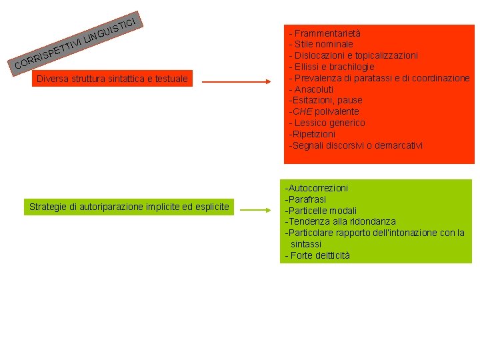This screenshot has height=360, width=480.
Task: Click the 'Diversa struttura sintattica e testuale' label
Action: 112,79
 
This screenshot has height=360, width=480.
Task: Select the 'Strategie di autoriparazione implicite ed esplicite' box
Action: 129,207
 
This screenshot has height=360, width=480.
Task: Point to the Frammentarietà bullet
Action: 327,33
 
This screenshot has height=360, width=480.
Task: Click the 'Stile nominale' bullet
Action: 323,44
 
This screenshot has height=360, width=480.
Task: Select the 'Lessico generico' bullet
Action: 329,123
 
